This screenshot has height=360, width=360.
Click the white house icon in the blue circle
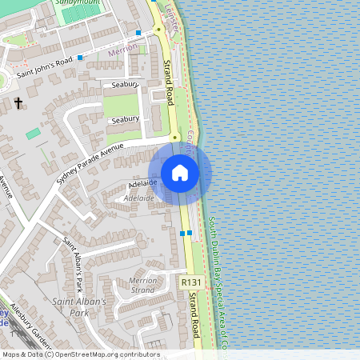coord(179,173)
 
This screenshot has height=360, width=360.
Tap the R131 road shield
coord(190,282)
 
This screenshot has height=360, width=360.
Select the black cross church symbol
coord(18,103)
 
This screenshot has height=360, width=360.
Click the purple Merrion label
coord(120,50)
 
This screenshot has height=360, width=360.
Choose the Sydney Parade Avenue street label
coord(90,163)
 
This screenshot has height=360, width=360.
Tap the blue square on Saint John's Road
coord(80,58)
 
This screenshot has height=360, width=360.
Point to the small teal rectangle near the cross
coord(33,134)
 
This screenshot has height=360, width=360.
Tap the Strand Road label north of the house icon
coord(170,81)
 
